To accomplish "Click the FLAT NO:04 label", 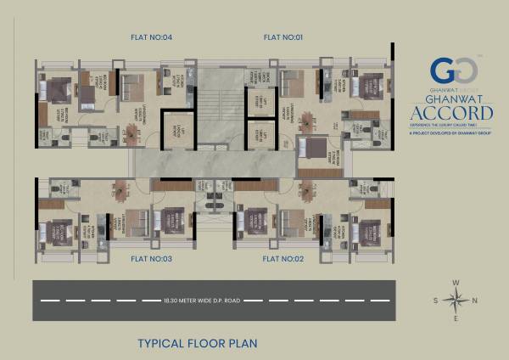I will (x=152, y=37).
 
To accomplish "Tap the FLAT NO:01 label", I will (x=283, y=37).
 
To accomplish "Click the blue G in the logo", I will (x=439, y=70).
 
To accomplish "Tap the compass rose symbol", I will (x=456, y=299).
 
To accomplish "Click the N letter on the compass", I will (x=474, y=300).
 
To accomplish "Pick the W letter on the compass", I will (x=456, y=281).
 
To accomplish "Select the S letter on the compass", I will (x=436, y=300).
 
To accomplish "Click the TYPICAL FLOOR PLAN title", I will (x=197, y=344).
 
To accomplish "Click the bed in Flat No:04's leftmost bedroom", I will (x=56, y=89).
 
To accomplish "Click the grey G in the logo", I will (x=458, y=70).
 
